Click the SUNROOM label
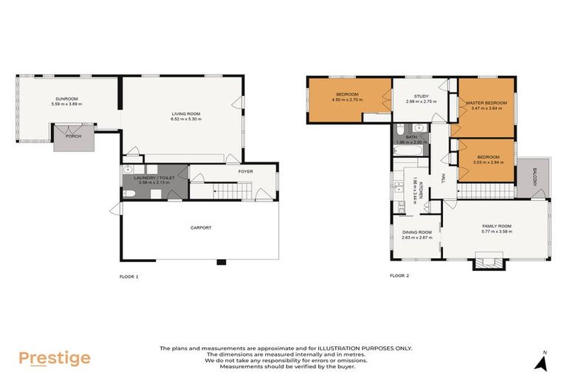[x=66, y=98]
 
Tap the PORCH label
[x=74, y=136]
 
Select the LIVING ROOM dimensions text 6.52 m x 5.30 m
[x=185, y=119]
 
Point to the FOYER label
[x=245, y=171]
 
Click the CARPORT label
[x=200, y=227]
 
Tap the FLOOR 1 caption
[x=128, y=276]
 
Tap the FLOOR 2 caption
[x=399, y=276]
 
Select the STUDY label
[x=421, y=96]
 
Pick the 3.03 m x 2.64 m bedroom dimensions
[x=487, y=162]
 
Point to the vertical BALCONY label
[x=535, y=177]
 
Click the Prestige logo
[x=55, y=358]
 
